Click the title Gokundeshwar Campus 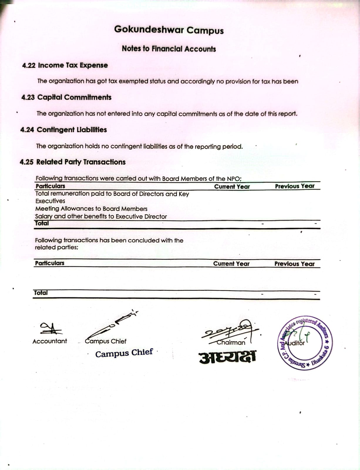coord(169,30)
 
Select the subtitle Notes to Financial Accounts coord(169,49)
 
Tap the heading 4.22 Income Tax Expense coord(65,65)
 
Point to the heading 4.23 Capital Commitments coord(66,97)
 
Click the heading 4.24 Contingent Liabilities coord(63,130)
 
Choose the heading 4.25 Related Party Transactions coord(73,162)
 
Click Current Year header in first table coord(232,187)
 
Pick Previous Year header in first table coord(295,186)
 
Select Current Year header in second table coord(231,264)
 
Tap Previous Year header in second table coord(294,264)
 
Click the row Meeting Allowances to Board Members coord(91,209)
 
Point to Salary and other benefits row coord(101,217)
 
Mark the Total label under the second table coord(41,293)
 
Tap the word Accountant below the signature coord(50,341)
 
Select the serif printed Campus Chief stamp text coord(124,353)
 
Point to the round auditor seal coord(305,343)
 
